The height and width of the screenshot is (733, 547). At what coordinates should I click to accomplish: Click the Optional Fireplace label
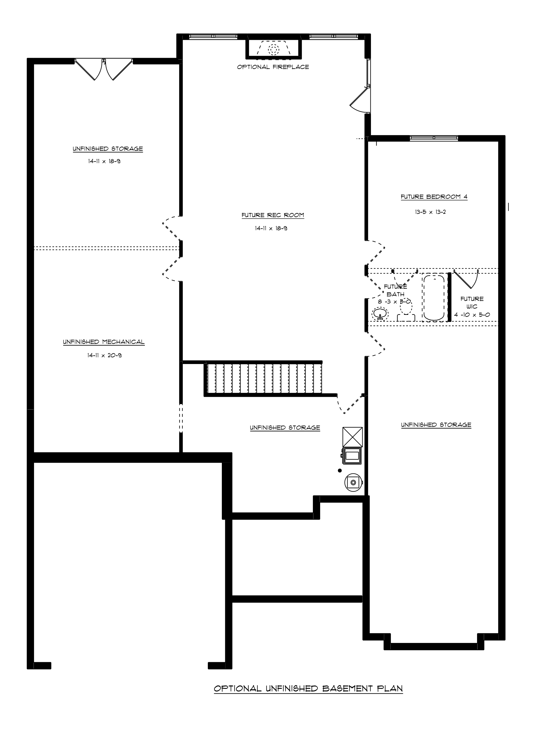tap(273, 67)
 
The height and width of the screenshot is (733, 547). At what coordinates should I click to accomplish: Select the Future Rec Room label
tap(273, 215)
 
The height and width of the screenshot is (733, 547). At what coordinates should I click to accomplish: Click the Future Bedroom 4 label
tap(434, 197)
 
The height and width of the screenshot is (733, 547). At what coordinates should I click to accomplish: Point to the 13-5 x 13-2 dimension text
tap(430, 212)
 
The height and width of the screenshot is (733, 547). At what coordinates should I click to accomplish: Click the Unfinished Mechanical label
tap(104, 342)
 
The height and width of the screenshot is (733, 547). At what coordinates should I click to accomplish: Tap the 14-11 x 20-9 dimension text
tap(105, 355)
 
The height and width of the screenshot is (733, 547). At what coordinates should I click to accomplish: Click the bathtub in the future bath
tap(434, 297)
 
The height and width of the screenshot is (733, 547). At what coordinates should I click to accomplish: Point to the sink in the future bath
tap(380, 314)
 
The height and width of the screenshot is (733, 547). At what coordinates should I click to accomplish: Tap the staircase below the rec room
tap(263, 379)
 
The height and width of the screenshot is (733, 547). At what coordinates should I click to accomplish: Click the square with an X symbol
tap(353, 437)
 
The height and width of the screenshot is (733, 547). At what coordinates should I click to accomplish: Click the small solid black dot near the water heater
tap(340, 470)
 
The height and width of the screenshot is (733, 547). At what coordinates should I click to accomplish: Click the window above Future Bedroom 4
tap(434, 138)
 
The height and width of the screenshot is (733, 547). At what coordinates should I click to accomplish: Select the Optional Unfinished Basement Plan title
tap(308, 688)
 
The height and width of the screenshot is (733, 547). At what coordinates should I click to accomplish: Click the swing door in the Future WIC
tap(466, 279)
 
